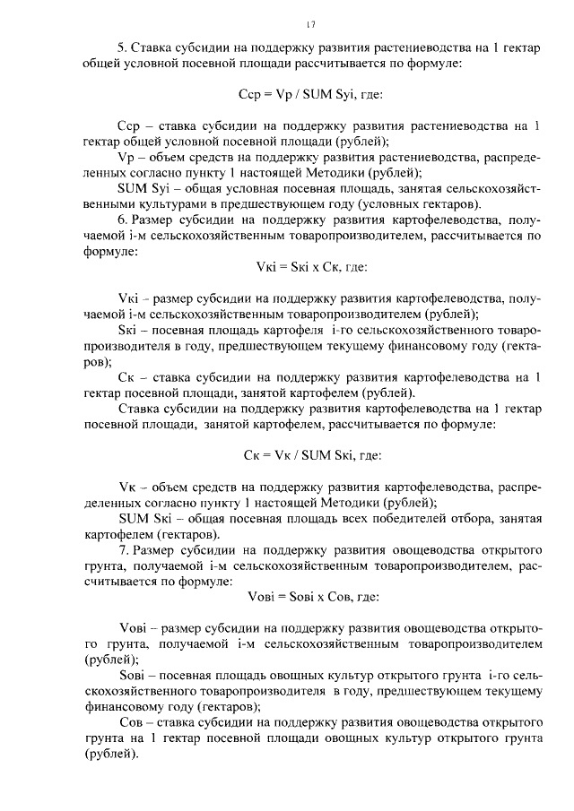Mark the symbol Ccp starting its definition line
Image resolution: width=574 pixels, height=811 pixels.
click(129, 125)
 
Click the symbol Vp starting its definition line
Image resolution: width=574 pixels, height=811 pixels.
click(126, 157)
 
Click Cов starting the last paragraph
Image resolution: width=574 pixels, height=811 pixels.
click(133, 722)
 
